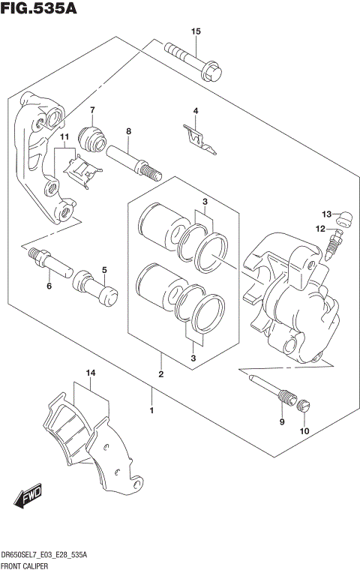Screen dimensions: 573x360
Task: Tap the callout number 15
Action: click(196, 31)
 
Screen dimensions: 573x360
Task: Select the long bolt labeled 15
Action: click(196, 62)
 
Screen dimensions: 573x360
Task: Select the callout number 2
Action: click(160, 373)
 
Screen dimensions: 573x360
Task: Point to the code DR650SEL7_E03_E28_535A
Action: click(44, 554)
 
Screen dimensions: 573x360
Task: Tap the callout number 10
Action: click(304, 430)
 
